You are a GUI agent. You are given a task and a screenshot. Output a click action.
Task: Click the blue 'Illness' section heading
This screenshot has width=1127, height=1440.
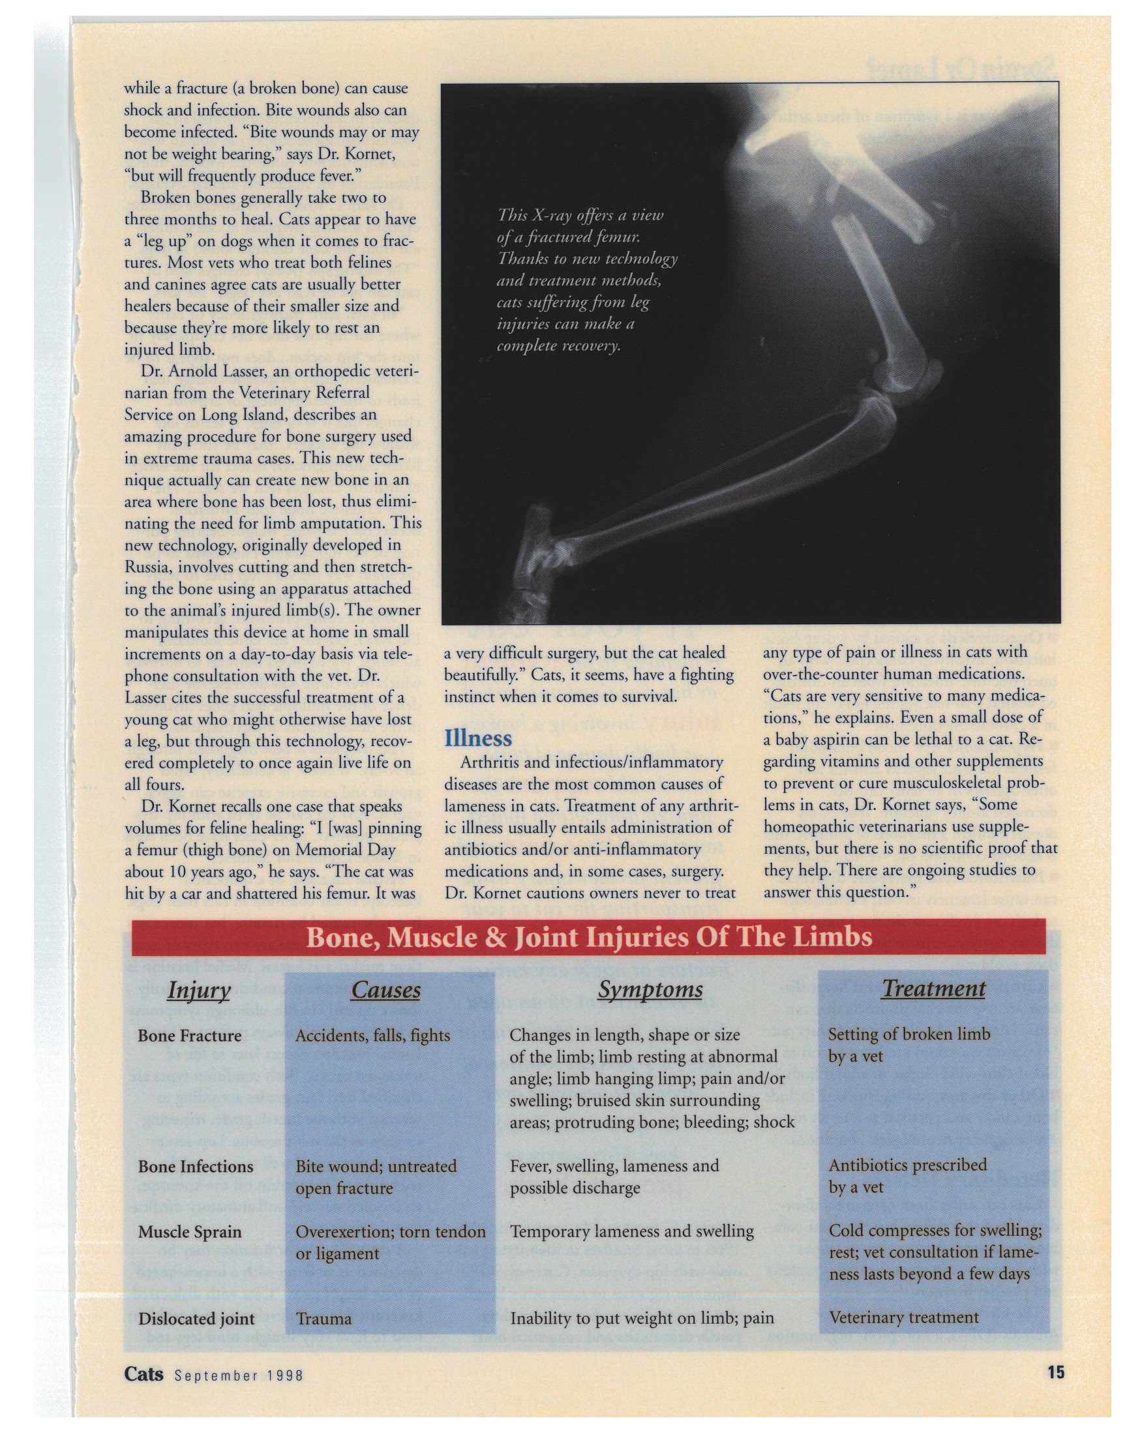pyautogui.click(x=477, y=738)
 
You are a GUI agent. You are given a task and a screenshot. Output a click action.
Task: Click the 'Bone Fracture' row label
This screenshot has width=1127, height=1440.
pyautogui.click(x=189, y=1036)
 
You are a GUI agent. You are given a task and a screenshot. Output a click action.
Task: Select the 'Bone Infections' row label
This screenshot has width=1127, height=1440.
pyautogui.click(x=195, y=1166)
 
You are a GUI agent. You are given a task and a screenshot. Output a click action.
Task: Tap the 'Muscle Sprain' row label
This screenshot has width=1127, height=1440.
pyautogui.click(x=189, y=1231)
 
